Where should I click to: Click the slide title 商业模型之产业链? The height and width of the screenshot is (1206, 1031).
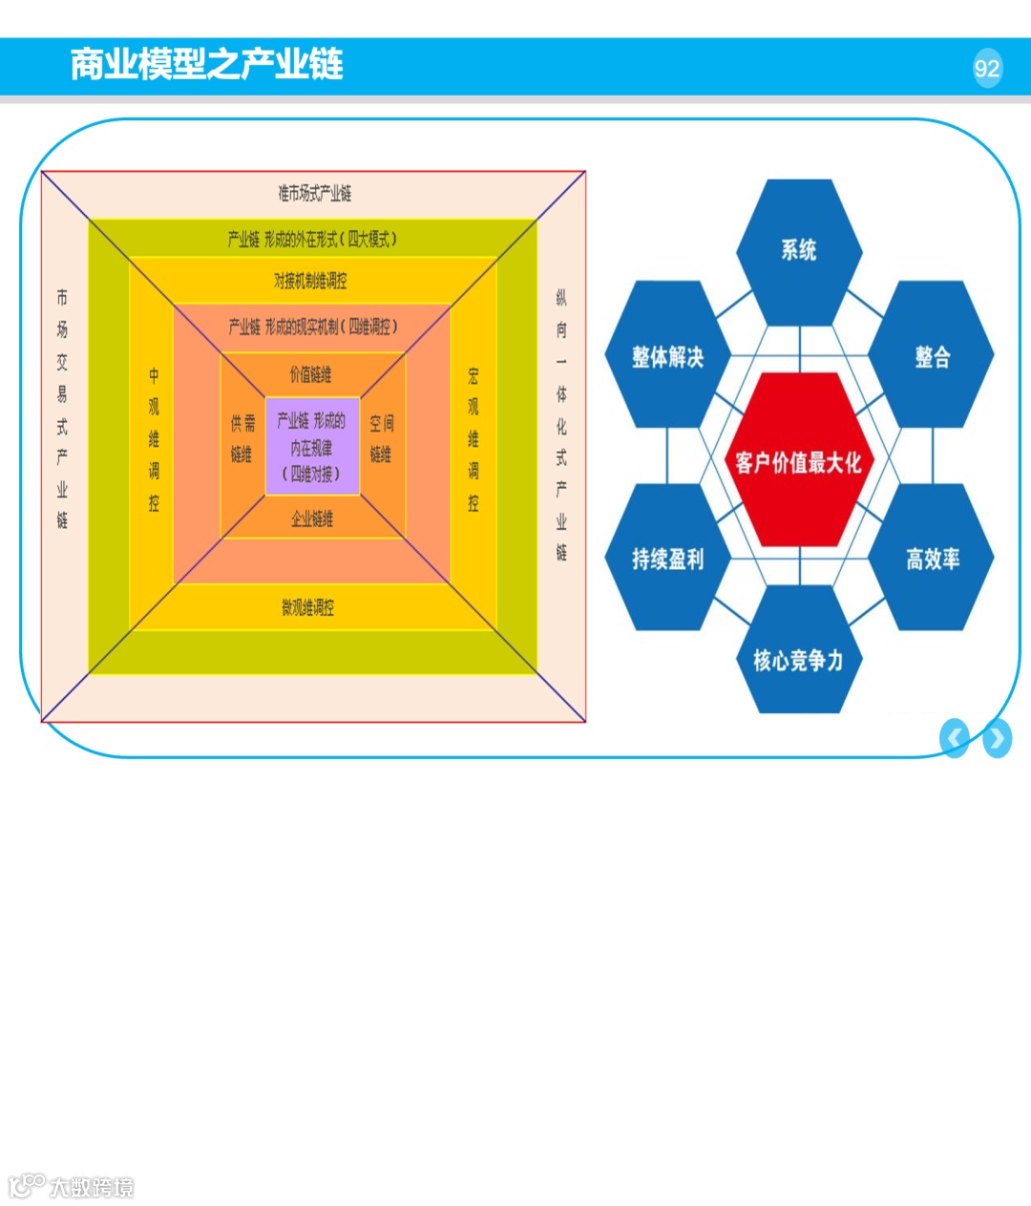pyautogui.click(x=206, y=64)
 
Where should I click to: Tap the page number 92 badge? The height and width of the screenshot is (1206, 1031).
pyautogui.click(x=987, y=68)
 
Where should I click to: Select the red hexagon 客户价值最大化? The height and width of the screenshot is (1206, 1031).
pyautogui.click(x=798, y=461)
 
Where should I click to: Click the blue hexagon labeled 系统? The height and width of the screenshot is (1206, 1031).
pyautogui.click(x=799, y=251)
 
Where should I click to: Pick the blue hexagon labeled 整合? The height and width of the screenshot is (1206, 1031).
pyautogui.click(x=932, y=356)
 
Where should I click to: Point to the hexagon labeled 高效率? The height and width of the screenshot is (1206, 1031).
pyautogui.click(x=932, y=559)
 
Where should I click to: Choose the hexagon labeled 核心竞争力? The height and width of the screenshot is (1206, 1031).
pyautogui.click(x=798, y=659)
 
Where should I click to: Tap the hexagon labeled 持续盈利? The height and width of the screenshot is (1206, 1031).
pyautogui.click(x=667, y=559)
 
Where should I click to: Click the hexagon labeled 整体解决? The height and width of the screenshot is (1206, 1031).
pyautogui.click(x=667, y=356)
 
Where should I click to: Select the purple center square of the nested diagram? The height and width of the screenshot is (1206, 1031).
pyautogui.click(x=312, y=446)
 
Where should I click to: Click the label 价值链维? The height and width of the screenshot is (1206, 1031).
pyautogui.click(x=310, y=374)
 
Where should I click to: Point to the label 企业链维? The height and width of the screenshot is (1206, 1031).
pyautogui.click(x=312, y=518)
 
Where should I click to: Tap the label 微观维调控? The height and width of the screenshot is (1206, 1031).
pyautogui.click(x=307, y=607)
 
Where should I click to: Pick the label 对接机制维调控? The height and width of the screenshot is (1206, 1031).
pyautogui.click(x=310, y=281)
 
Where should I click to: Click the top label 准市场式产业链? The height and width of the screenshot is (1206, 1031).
pyautogui.click(x=314, y=193)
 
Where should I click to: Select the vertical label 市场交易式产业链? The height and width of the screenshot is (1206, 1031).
pyautogui.click(x=62, y=409)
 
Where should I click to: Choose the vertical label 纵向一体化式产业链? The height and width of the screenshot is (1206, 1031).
pyautogui.click(x=561, y=425)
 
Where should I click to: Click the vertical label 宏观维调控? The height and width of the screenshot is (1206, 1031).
pyautogui.click(x=473, y=439)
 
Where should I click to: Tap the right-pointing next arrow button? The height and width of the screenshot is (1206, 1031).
pyautogui.click(x=997, y=738)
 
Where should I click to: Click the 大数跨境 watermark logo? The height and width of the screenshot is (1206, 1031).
pyautogui.click(x=72, y=1186)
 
